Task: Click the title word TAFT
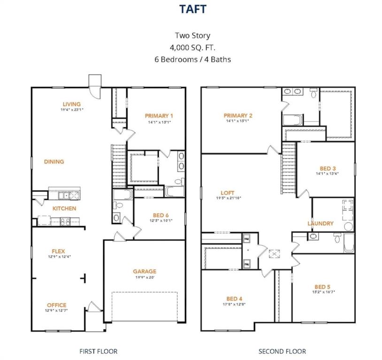192,9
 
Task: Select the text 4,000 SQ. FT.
192,47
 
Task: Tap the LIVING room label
71,104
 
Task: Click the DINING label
54,162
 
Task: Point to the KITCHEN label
64,208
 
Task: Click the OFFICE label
56,305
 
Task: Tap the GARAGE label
145,271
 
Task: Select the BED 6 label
159,215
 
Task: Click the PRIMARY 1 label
159,116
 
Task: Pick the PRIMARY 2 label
238,116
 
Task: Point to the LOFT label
228,193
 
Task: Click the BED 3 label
328,168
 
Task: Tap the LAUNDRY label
321,224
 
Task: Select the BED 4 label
234,299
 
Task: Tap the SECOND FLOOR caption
283,351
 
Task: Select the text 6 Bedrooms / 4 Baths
192,60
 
